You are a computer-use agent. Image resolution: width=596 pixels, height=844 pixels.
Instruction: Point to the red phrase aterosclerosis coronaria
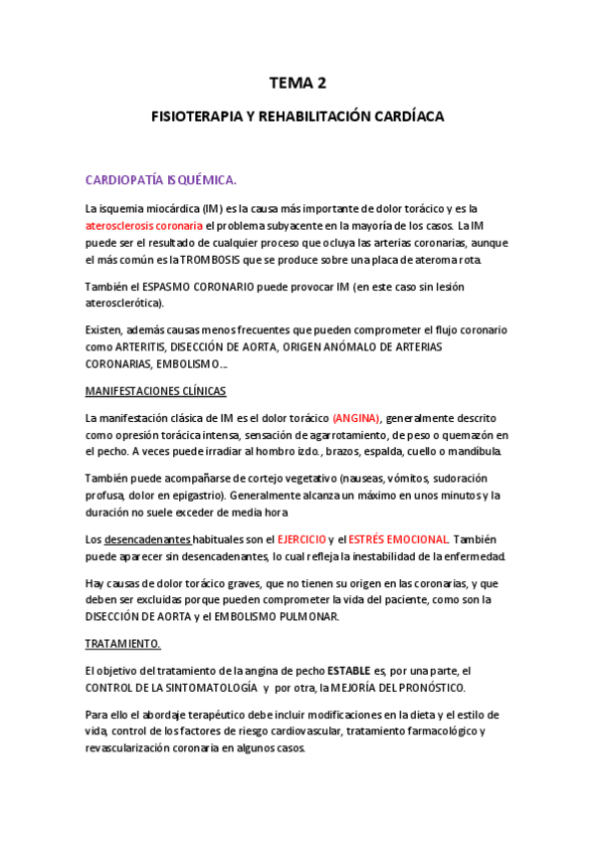tap(144, 226)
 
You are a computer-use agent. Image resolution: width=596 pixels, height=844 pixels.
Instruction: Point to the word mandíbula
tap(477, 452)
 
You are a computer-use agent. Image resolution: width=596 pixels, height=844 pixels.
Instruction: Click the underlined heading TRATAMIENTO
tap(123, 644)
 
